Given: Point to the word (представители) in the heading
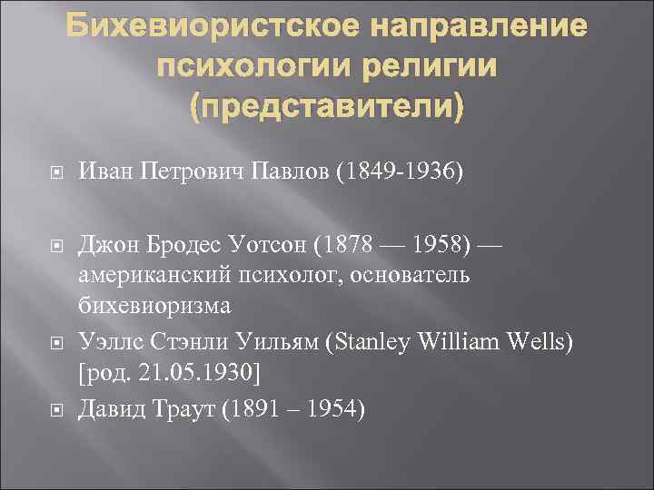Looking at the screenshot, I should click(326, 107).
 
